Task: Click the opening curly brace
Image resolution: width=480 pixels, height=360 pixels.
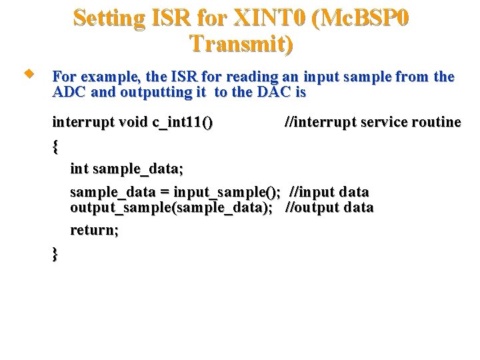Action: point(55,146)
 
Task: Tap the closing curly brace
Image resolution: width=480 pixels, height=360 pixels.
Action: point(55,254)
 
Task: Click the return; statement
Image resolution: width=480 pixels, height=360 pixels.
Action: point(95,230)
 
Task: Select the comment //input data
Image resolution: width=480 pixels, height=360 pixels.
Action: point(329,192)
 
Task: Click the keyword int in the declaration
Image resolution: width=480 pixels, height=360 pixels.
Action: point(79,170)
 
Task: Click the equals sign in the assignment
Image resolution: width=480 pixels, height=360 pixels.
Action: point(164,192)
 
